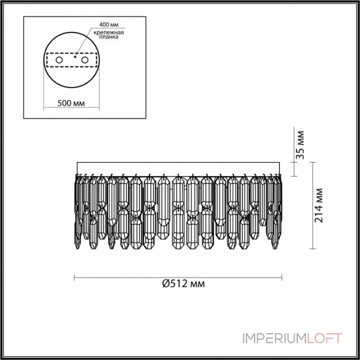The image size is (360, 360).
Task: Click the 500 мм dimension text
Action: pyautogui.click(x=72, y=103)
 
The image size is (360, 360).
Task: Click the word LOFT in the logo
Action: pyautogui.click(x=324, y=338)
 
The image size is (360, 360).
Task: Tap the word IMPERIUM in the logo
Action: pyautogui.click(x=275, y=338)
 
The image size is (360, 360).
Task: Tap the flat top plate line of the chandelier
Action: pyautogui.click(x=179, y=162)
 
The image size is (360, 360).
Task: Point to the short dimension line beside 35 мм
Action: pyautogui.click(x=295, y=168)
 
